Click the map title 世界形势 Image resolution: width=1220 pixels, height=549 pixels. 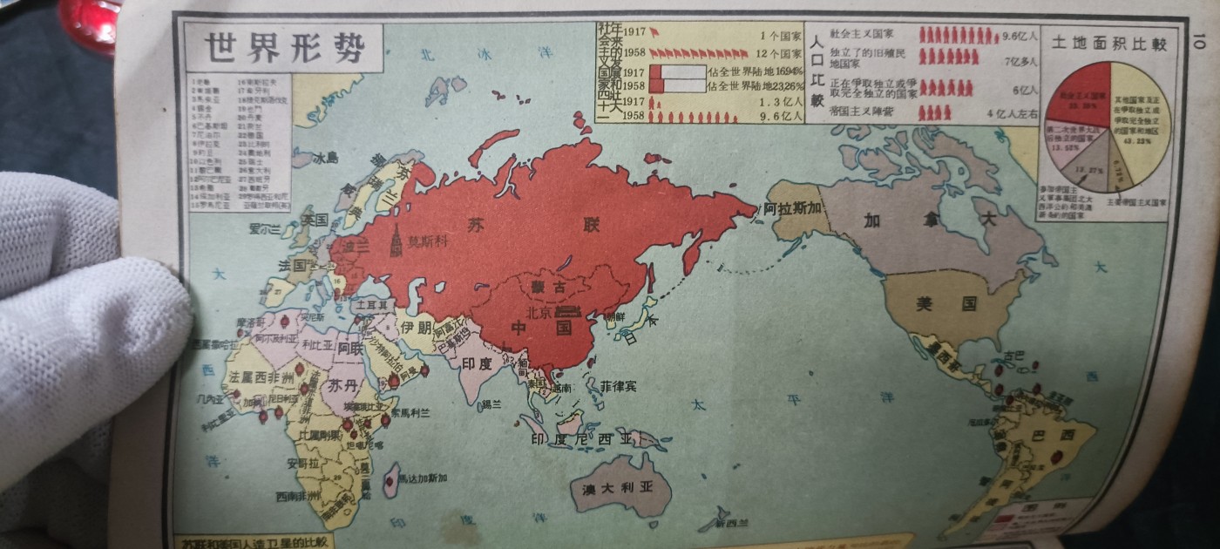282,47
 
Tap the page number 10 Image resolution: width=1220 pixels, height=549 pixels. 1196,41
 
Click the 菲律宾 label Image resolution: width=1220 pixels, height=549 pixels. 621,384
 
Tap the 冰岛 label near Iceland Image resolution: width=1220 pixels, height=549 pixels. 325,159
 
